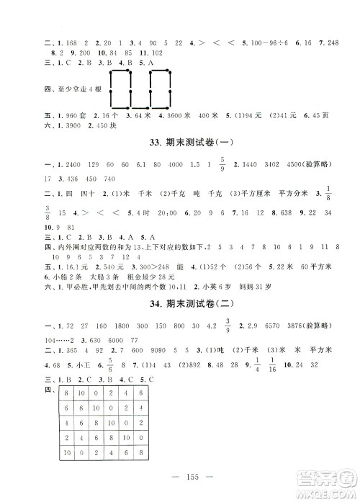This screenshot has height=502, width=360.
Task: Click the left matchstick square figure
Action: pos(120,90)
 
